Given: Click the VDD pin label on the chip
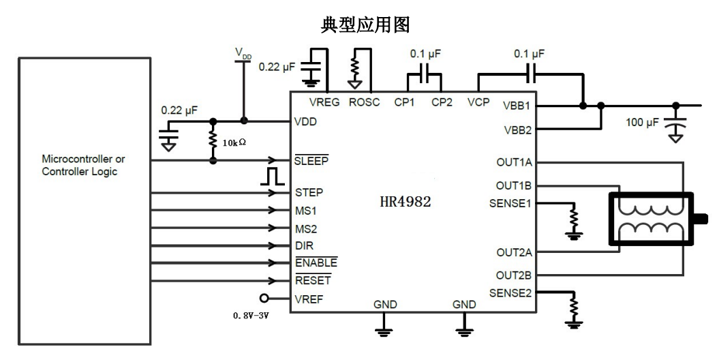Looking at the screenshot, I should (305, 122).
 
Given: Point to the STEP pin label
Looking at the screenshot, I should (309, 192).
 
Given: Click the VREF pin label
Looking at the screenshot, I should (308, 299).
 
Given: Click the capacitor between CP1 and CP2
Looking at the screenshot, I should (423, 74).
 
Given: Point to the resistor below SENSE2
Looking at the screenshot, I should (573, 305).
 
